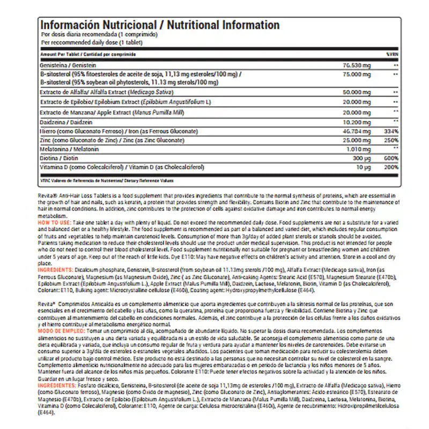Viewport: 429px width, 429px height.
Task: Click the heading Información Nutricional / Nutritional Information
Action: pos(160,25)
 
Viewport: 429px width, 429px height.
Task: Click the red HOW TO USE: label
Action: pos(56,221)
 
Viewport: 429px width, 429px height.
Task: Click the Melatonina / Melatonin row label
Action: pos(66,149)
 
